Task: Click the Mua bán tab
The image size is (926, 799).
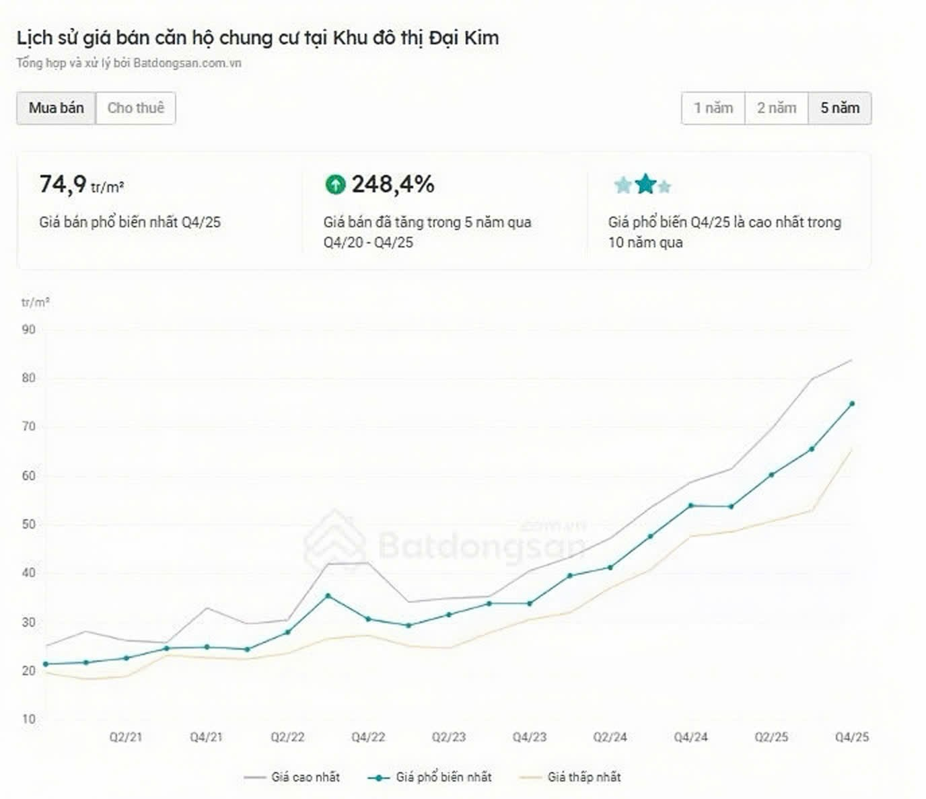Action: pyautogui.click(x=57, y=108)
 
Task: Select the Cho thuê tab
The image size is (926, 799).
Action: pyautogui.click(x=136, y=108)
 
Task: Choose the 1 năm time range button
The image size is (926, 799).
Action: pyautogui.click(x=713, y=108)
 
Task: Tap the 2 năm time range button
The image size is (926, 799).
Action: pyautogui.click(x=777, y=108)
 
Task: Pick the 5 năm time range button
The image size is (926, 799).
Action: pyautogui.click(x=840, y=108)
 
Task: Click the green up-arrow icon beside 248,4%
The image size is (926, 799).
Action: pyautogui.click(x=335, y=184)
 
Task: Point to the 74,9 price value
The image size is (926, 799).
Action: pyautogui.click(x=63, y=184)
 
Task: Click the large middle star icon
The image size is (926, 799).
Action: pyautogui.click(x=645, y=184)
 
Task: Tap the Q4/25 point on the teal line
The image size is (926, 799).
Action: pyautogui.click(x=852, y=404)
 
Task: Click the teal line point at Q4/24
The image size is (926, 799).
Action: pyautogui.click(x=691, y=505)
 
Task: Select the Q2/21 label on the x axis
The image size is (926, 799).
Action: pyautogui.click(x=126, y=737)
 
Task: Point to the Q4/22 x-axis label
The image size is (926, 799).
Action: pyautogui.click(x=368, y=737)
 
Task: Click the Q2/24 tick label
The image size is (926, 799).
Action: pyautogui.click(x=610, y=737)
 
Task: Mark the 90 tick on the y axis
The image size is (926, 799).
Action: pyautogui.click(x=29, y=330)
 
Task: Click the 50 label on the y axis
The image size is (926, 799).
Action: pyautogui.click(x=29, y=525)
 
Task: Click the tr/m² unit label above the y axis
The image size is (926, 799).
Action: pyautogui.click(x=35, y=303)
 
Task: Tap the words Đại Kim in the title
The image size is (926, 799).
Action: pyautogui.click(x=464, y=38)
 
